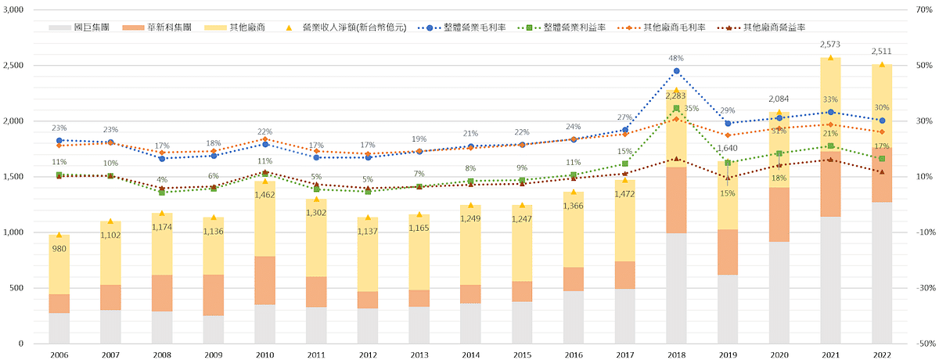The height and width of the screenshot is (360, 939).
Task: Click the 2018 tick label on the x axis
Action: [x=677, y=355]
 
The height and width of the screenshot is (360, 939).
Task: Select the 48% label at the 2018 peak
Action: [x=677, y=58]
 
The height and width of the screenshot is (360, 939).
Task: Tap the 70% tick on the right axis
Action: [x=923, y=10]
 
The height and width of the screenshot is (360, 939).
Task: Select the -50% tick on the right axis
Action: [x=923, y=344]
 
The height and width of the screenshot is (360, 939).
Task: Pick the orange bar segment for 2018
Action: [x=677, y=200]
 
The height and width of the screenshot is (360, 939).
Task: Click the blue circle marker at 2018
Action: [x=677, y=71]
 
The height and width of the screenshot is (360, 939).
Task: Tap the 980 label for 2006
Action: [x=59, y=248]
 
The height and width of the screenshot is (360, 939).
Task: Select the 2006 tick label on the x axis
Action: [x=59, y=355]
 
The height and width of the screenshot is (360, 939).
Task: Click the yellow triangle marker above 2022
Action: [x=881, y=64]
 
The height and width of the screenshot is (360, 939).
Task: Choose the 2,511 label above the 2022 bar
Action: [x=881, y=52]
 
